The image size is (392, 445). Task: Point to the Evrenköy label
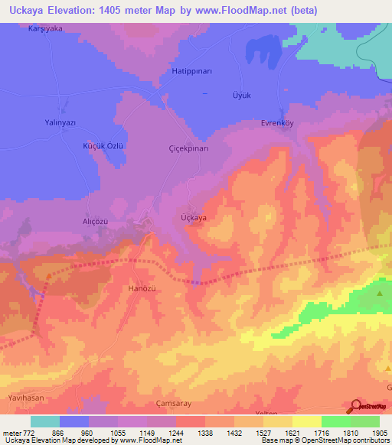[277, 123]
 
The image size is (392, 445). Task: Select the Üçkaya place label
[193, 218]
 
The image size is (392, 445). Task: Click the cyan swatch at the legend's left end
[45, 421]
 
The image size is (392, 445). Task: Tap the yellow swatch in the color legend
[306, 421]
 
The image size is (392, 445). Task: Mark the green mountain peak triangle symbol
[380, 293]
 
